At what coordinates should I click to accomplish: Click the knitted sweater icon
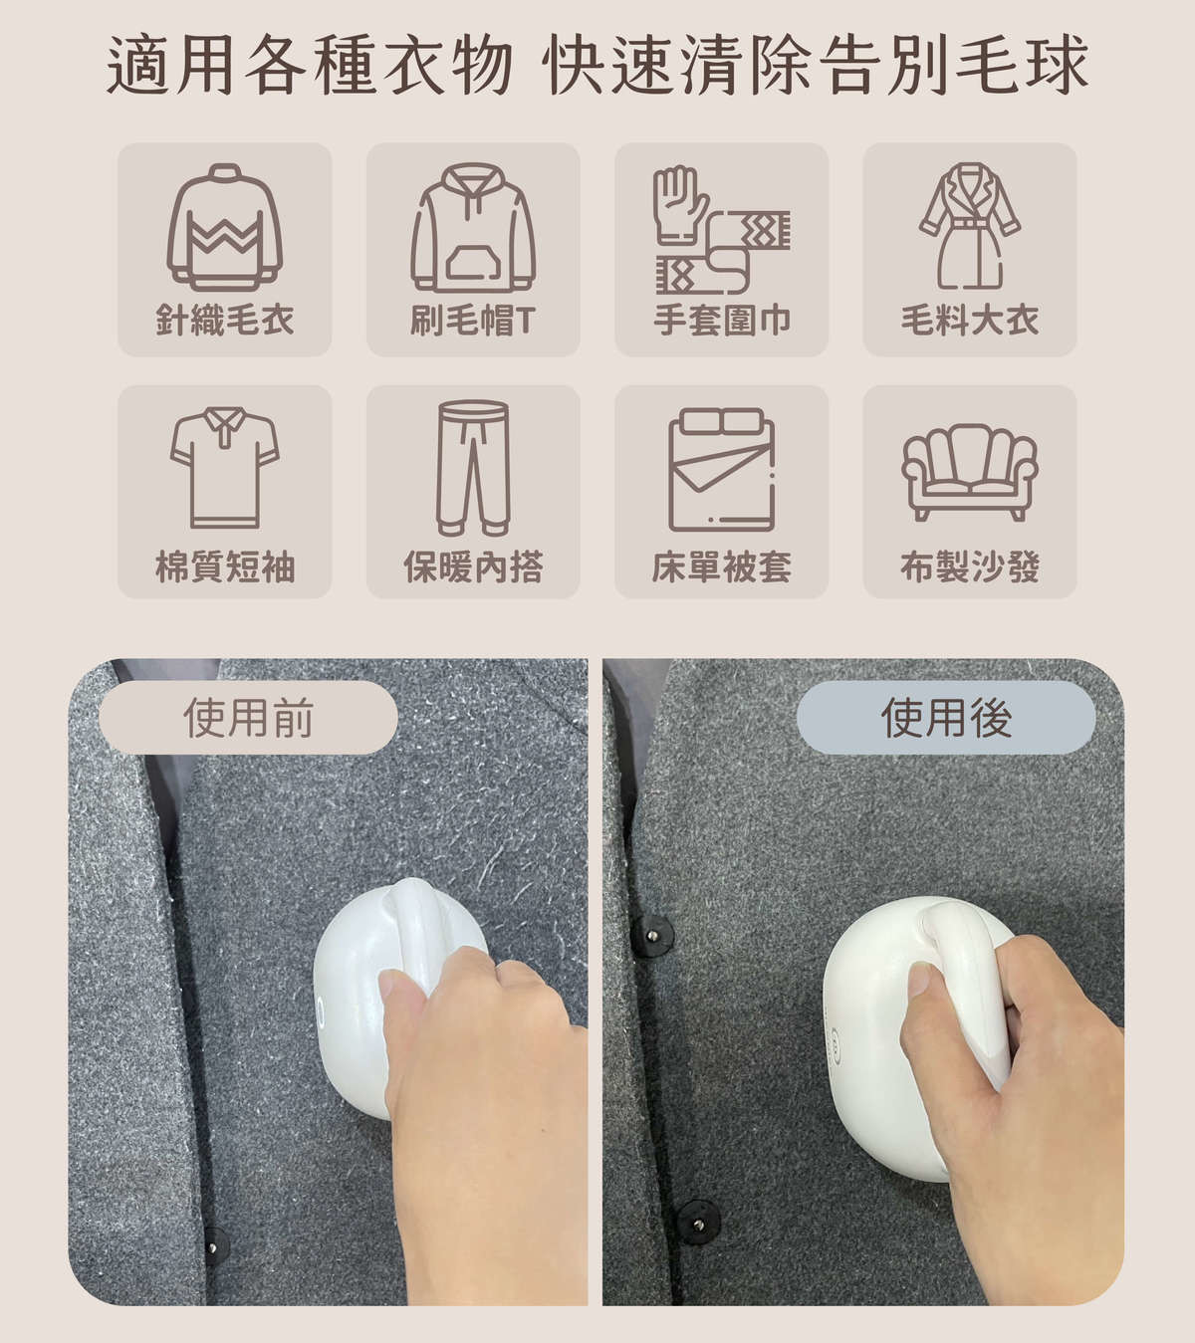(x=225, y=227)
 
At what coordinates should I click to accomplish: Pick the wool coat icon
(x=970, y=225)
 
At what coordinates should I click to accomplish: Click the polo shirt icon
(x=225, y=467)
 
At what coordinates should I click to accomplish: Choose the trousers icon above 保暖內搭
(x=473, y=467)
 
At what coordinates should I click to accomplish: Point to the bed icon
(x=722, y=469)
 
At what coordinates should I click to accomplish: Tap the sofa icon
(x=970, y=472)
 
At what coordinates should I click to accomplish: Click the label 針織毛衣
(x=225, y=321)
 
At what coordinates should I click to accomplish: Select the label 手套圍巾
(x=722, y=321)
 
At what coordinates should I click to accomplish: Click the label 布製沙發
(x=970, y=566)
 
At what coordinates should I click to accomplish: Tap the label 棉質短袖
(x=225, y=566)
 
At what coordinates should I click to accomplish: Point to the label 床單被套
(x=722, y=566)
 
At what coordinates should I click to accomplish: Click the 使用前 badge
(x=248, y=718)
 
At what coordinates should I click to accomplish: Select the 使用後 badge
(x=946, y=718)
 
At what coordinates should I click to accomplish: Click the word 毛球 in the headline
(x=1024, y=65)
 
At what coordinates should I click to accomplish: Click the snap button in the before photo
(x=213, y=1246)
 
